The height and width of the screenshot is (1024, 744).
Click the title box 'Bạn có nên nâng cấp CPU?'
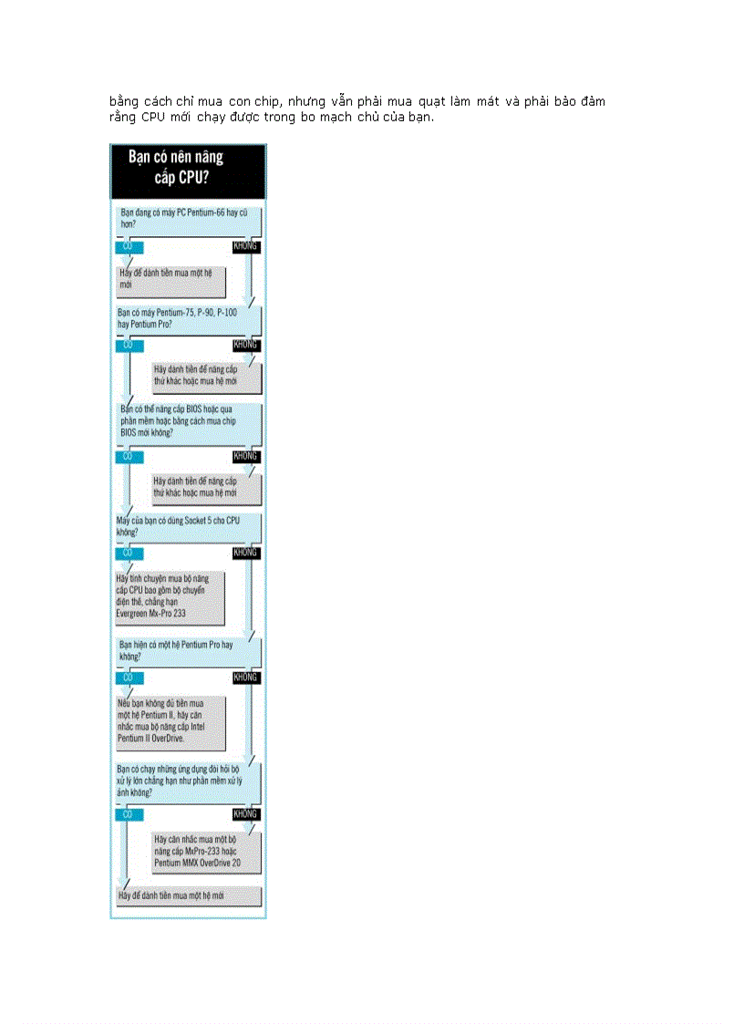coord(188,170)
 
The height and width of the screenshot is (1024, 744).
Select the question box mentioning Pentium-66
coord(187,222)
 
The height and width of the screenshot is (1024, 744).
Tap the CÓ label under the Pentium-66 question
coord(128,246)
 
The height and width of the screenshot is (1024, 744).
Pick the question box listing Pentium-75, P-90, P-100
coord(187,318)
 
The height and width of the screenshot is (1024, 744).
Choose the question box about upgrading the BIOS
coord(187,420)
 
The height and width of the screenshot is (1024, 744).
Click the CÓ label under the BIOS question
coord(128,455)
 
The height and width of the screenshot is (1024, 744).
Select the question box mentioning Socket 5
coord(187,525)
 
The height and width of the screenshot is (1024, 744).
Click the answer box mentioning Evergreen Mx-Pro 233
coord(170,596)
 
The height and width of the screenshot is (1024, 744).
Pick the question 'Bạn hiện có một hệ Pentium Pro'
coord(187,650)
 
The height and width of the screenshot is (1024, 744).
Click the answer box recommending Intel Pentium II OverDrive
coord(170,721)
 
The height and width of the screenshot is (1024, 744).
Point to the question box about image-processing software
coord(187,781)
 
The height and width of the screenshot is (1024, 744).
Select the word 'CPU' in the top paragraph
coord(154,118)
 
